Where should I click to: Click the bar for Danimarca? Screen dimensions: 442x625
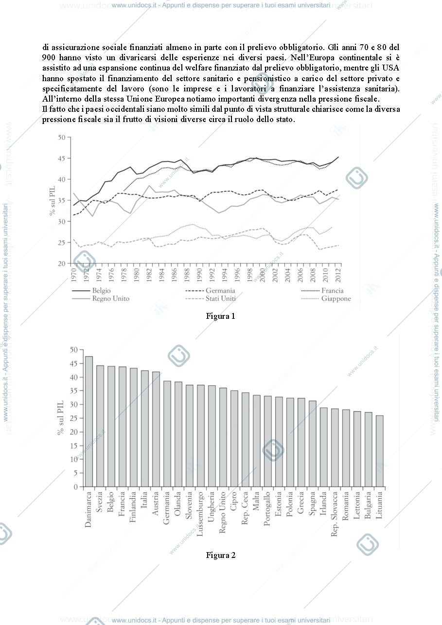(x=89, y=421)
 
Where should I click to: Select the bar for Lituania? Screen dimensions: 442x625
(x=379, y=451)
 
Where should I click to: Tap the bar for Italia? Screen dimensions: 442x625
(x=144, y=428)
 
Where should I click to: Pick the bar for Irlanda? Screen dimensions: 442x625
(x=324, y=447)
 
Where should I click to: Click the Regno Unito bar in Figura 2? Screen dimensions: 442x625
(x=223, y=437)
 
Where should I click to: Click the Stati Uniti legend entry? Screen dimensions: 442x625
(x=210, y=298)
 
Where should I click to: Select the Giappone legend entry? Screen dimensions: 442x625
(x=326, y=298)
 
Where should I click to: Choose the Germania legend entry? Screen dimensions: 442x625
(x=210, y=291)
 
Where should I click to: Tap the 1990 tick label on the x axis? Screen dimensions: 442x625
(x=199, y=275)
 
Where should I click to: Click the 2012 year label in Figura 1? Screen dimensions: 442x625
(x=338, y=275)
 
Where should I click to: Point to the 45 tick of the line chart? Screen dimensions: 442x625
(x=61, y=158)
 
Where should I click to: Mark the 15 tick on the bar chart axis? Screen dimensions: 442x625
(x=74, y=446)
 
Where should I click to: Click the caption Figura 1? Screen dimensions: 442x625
(x=221, y=316)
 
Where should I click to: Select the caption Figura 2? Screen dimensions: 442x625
(x=221, y=555)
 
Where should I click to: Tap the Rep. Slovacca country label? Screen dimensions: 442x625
(x=334, y=514)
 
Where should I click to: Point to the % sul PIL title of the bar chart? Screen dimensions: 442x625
(x=60, y=417)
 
